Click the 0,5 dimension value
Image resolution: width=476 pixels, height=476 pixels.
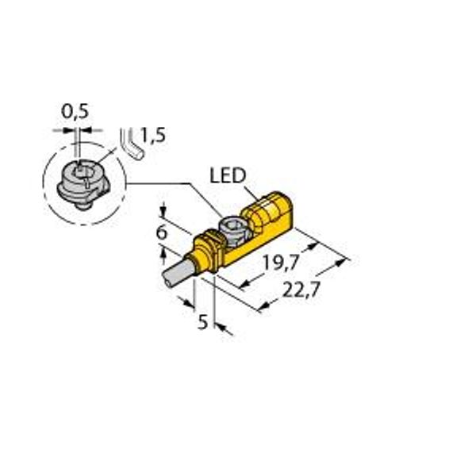click(x=75, y=111)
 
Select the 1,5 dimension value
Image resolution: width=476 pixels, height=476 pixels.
click(x=153, y=135)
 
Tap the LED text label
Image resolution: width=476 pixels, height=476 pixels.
click(x=228, y=175)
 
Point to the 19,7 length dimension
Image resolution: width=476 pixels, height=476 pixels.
click(x=282, y=263)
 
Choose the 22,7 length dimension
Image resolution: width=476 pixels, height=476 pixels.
click(x=301, y=290)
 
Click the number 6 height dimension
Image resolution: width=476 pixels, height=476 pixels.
click(x=162, y=232)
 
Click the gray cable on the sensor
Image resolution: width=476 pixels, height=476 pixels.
click(x=175, y=271)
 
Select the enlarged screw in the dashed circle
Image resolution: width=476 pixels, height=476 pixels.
click(x=83, y=186)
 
